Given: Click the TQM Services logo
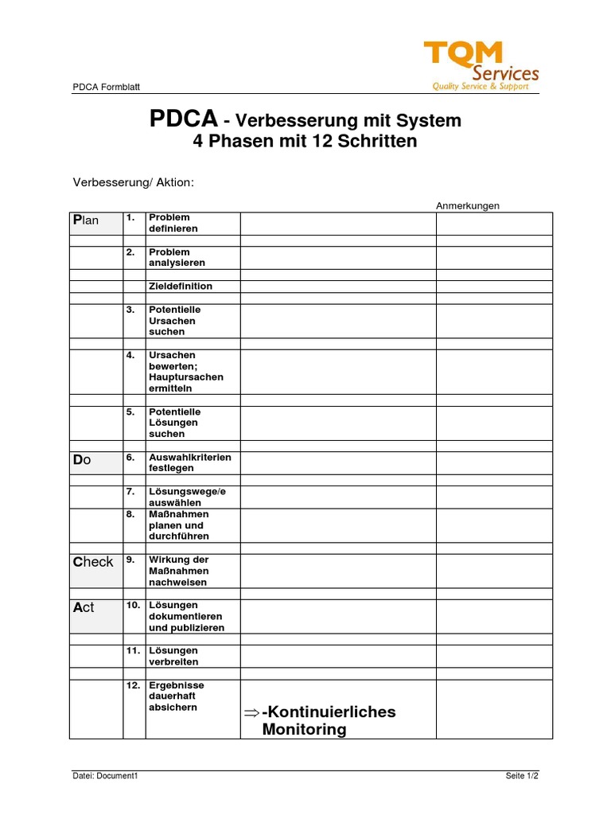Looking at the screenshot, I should (x=482, y=66).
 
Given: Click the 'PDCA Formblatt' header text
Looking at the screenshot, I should (x=107, y=88).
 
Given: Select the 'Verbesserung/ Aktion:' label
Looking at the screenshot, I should (x=134, y=182).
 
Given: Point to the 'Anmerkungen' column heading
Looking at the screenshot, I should (x=468, y=205).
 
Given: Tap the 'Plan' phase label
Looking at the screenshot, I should (x=86, y=220).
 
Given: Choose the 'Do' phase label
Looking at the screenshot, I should (x=82, y=460).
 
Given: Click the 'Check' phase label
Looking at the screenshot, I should (x=93, y=562).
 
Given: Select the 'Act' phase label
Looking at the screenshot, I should (x=84, y=607).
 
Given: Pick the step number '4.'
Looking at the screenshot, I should (x=131, y=355).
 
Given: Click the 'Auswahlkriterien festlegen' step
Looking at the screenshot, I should (x=189, y=462).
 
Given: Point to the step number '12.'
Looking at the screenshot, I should (x=133, y=684).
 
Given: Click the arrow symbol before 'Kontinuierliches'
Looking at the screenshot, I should (x=251, y=712).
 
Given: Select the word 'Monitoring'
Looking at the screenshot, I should (x=304, y=729).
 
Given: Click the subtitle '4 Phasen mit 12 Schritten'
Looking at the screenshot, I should (x=305, y=142).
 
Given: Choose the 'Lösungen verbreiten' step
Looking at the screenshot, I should (x=173, y=656).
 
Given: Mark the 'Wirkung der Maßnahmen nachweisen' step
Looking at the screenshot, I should (x=178, y=571).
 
